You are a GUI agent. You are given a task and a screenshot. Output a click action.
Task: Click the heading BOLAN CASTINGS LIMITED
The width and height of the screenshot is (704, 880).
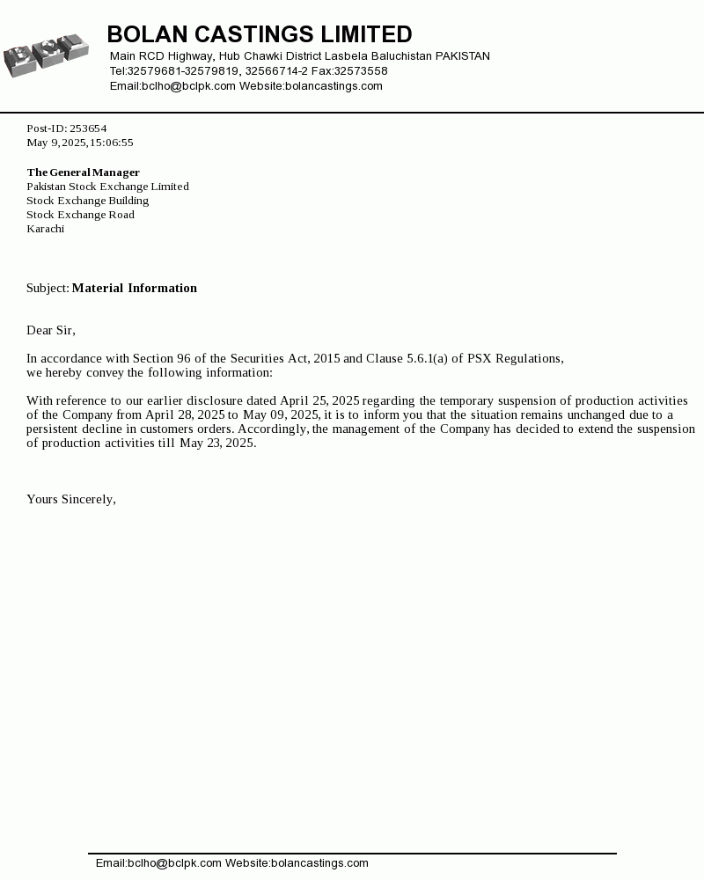point(260,34)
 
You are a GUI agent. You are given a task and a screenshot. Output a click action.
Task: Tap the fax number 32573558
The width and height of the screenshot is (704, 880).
point(361,71)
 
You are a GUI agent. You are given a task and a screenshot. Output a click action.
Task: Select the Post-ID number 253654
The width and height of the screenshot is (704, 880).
point(88,128)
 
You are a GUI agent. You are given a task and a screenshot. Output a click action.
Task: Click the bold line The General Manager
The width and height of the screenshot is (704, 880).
point(84,172)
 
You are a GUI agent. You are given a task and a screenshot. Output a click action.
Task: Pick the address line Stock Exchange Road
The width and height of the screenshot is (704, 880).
point(80,215)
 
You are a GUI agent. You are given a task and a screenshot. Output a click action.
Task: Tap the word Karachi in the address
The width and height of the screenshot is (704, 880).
point(45,229)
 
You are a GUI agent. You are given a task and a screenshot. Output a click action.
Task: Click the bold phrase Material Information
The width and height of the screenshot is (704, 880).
point(135,288)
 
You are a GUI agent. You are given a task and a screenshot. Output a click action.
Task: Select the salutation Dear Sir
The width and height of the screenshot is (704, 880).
point(50,330)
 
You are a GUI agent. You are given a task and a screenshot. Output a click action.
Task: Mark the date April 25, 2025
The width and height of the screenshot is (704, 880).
point(319,400)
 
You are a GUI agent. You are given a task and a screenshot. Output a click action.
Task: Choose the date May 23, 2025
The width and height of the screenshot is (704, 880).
point(217,443)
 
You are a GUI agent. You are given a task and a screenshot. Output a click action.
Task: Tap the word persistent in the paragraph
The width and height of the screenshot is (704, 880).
point(53,429)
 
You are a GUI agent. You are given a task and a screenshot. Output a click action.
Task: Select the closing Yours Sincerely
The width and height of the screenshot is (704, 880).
point(70,499)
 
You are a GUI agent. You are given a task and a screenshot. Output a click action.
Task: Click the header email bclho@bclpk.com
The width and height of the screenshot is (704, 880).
point(188,86)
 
